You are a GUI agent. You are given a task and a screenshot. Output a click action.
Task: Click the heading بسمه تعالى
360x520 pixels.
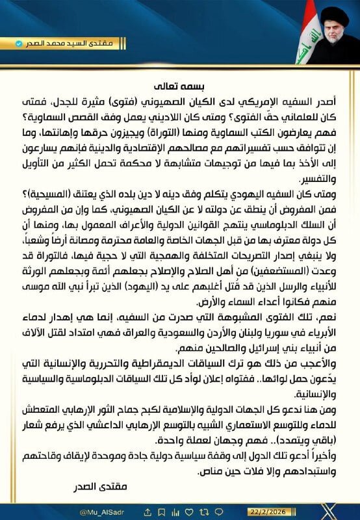click(x=180, y=85)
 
